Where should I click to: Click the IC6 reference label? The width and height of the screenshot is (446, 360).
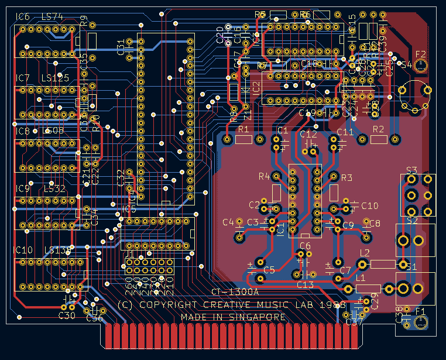(22, 16)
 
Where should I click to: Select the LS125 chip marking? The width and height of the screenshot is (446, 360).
(55, 78)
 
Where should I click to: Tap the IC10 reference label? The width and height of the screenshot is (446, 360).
(23, 250)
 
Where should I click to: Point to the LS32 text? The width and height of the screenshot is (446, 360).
(56, 188)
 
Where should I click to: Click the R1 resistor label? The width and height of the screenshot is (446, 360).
(244, 129)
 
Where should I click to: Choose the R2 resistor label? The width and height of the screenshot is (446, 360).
(378, 129)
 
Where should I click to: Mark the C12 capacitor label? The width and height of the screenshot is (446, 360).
(308, 134)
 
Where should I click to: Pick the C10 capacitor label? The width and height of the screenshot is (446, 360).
(370, 205)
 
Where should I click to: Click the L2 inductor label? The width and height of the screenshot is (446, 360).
(364, 253)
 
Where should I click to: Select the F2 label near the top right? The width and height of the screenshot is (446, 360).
(420, 54)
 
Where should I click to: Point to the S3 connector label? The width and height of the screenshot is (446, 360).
(411, 170)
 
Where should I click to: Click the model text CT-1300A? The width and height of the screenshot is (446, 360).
(234, 292)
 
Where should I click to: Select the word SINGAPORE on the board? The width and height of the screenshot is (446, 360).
(259, 317)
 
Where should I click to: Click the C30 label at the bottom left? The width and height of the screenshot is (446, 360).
(67, 316)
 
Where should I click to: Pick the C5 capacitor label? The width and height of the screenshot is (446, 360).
(269, 270)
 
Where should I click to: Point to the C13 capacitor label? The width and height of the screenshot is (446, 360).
(305, 284)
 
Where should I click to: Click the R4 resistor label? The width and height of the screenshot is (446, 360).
(264, 176)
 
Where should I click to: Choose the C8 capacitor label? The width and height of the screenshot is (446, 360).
(374, 223)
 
